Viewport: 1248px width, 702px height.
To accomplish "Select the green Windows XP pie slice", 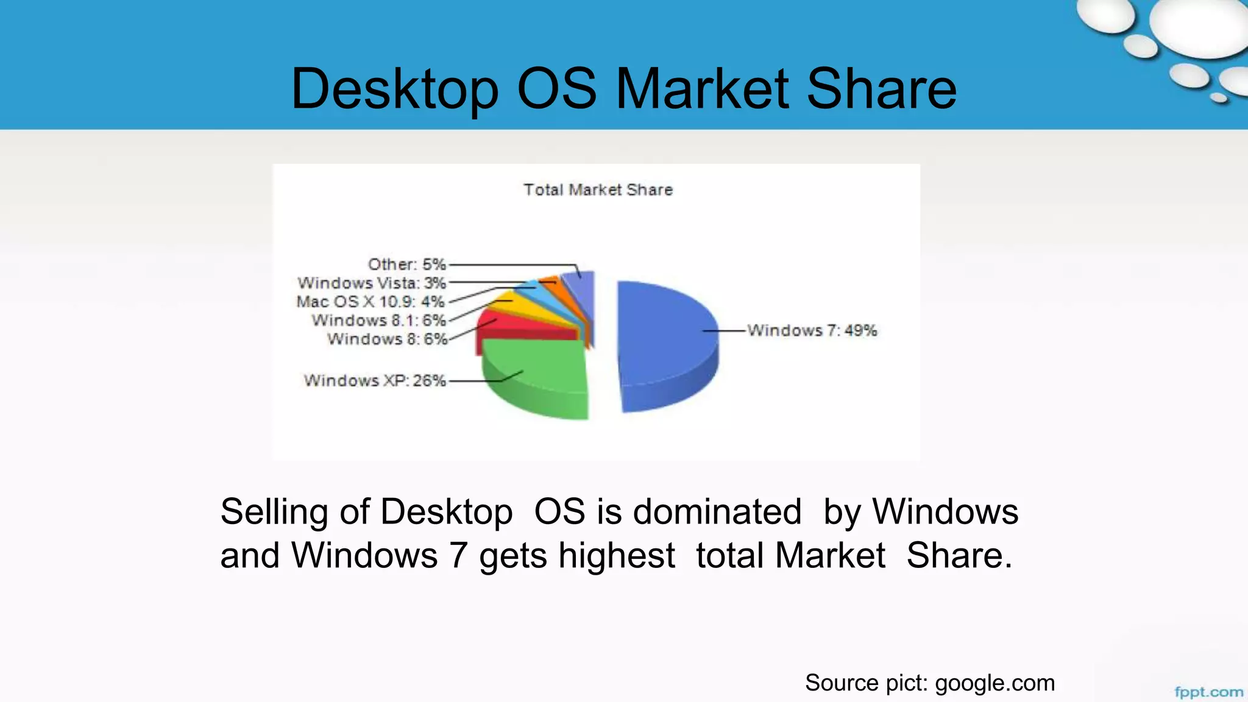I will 536,372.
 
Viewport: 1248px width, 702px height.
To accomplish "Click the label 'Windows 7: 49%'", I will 812,330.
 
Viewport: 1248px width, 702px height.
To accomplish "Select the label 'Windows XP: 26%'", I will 375,381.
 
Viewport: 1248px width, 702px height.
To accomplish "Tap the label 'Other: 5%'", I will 406,264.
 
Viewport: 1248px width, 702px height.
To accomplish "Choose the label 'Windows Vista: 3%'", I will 372,283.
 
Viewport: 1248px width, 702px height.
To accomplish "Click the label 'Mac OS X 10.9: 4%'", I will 370,302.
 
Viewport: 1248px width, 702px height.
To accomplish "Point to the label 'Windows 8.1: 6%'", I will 378,321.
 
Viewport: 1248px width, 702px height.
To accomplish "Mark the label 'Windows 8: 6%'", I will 387,339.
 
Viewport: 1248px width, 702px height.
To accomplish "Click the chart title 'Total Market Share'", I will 598,190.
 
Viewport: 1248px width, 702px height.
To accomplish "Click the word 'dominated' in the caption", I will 717,511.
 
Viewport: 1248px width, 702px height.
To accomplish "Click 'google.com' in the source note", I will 994,683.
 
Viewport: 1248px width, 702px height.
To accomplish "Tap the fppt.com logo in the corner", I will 1208,692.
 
